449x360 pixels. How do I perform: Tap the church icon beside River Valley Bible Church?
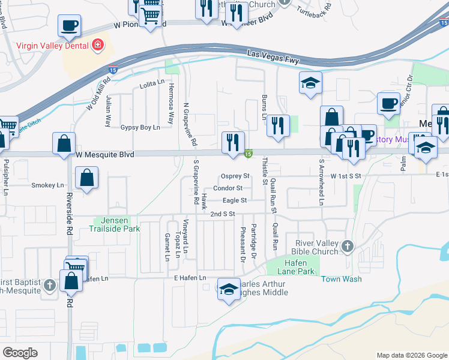346,246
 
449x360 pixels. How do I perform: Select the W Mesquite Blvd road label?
105,154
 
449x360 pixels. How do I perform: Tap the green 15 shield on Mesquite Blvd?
248,155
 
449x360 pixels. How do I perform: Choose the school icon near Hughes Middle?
228,290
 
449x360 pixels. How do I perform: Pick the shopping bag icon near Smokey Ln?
87,178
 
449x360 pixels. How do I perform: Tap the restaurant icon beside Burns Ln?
277,125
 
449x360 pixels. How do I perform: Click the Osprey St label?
235,176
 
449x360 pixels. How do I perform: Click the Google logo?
20,353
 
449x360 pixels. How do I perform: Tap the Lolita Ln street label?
152,82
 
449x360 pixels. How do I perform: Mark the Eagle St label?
235,200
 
